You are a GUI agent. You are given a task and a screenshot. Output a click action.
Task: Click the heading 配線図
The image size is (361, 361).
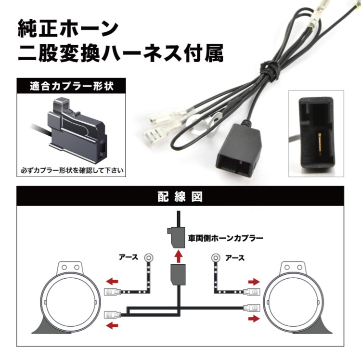pos(180,197)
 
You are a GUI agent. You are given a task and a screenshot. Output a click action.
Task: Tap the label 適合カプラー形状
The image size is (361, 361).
pos(72,86)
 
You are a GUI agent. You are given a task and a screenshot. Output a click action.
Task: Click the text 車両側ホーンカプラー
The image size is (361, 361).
pos(226,238)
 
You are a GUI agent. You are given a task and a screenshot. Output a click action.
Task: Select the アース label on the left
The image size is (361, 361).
pos(129,257)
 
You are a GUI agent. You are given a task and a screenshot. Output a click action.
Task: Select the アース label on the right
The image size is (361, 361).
pos(235,258)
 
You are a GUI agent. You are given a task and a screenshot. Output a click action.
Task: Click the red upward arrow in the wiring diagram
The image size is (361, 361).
pos(178,257)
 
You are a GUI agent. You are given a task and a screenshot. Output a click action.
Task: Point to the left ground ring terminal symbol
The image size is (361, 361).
pos(149,257)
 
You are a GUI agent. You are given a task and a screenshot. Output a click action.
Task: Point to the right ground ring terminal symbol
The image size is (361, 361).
pos(216,258)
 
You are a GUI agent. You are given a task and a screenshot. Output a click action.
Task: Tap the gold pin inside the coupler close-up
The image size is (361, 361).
pos(320,143)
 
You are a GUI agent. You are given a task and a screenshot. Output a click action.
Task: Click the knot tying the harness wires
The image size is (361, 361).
pos(270,69)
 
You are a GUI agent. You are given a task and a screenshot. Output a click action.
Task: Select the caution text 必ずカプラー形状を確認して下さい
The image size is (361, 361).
pos(72,170)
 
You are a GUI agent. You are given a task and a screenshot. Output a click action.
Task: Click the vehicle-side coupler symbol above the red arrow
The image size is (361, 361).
pos(176,237)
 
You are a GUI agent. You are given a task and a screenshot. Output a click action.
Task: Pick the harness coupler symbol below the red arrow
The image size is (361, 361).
pos(178,275)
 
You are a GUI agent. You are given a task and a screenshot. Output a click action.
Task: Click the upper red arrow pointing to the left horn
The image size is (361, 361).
pos(112,281)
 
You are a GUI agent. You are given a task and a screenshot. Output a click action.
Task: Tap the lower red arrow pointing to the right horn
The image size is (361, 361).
pos(254,319)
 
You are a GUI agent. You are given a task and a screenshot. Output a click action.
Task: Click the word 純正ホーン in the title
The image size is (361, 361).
pos(68,28)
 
